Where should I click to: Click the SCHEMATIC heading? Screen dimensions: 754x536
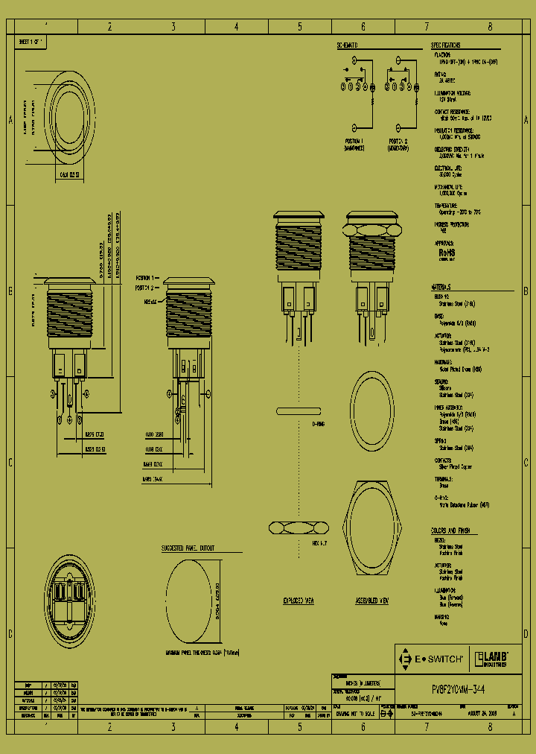pos(347,45)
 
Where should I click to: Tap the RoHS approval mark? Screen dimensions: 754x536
pos(447,253)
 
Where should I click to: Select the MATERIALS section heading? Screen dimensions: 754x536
pos(441,288)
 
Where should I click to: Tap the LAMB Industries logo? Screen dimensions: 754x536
pos(491,658)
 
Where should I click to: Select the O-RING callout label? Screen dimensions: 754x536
pos(319,424)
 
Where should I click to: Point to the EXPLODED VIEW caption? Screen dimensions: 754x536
pos(298,601)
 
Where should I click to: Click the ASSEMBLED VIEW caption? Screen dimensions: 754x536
pos(371,601)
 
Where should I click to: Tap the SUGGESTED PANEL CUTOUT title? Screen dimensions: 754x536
pos(188,548)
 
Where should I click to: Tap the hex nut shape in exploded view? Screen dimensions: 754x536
pos(298,528)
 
